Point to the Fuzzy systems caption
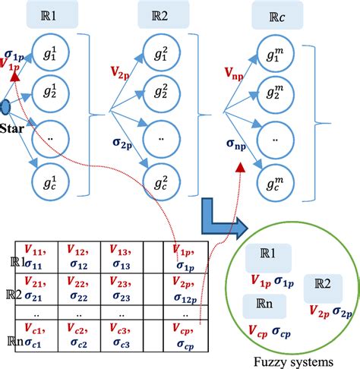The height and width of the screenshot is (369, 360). [x=289, y=360]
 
